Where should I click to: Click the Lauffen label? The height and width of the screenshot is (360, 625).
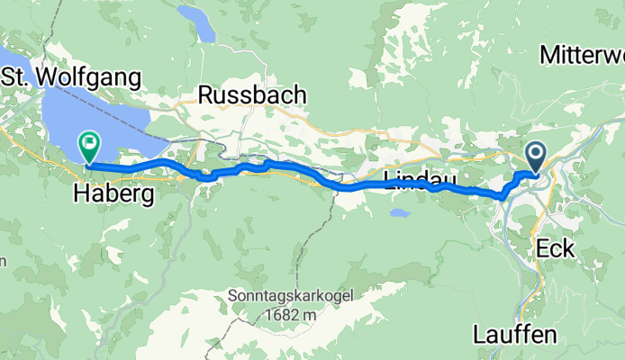tap(515, 335)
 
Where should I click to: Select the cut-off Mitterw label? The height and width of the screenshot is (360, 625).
tap(583, 55)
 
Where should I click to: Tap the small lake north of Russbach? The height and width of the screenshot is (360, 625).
tap(199, 24)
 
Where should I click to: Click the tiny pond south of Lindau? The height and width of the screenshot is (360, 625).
tap(400, 214)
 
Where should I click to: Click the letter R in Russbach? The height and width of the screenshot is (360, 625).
tap(205, 94)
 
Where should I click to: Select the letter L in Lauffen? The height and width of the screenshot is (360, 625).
tap(479, 335)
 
